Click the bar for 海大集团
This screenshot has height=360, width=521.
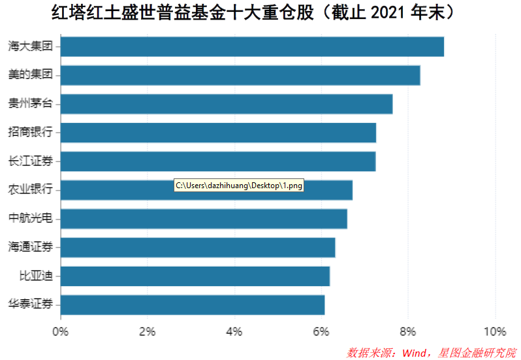point(252,47)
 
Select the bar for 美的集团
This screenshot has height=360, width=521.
point(240,75)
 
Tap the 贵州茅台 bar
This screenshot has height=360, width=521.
point(227,104)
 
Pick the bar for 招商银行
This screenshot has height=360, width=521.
point(218,133)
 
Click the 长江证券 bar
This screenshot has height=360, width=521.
point(218,161)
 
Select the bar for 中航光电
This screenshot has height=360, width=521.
point(204,219)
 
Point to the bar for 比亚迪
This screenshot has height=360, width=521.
point(195,276)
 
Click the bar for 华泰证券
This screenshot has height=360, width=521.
point(193,305)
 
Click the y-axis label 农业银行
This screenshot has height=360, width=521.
point(30,190)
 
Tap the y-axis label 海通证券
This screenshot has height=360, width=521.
point(30,248)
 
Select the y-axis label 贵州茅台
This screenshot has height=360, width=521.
point(30,104)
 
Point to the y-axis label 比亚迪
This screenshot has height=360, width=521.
point(36,276)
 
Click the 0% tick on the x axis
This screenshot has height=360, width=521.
point(61,331)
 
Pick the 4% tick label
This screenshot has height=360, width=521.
point(234,331)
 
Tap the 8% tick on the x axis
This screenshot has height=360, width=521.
point(408,331)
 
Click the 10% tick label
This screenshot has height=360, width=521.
point(495,331)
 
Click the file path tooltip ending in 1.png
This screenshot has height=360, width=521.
point(240,186)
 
